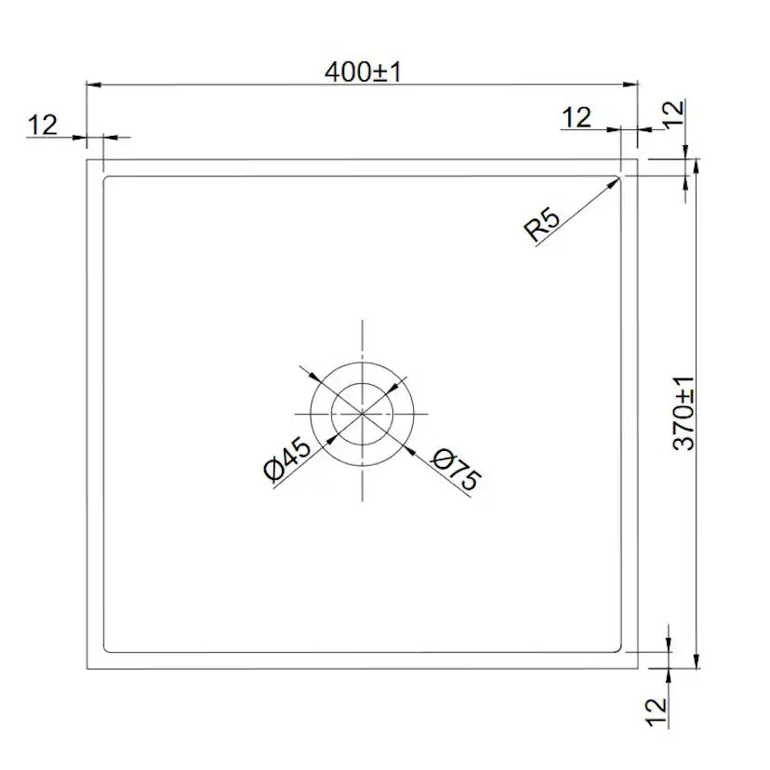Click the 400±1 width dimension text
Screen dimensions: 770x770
[x=363, y=72]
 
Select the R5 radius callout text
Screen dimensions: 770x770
[x=543, y=226]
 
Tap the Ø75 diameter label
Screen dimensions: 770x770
[x=457, y=469]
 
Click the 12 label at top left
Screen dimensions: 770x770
[x=43, y=124]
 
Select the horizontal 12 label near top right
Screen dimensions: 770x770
[x=577, y=117]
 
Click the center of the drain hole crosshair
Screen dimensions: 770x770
[x=362, y=412]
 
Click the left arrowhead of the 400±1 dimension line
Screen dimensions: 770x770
[x=91, y=85]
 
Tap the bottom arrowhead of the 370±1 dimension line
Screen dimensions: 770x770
[x=695, y=664]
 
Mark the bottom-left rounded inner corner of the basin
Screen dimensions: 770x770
[x=106, y=647]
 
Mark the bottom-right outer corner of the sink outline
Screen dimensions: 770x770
[x=638, y=668]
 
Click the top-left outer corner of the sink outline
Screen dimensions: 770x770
[x=86, y=160]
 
